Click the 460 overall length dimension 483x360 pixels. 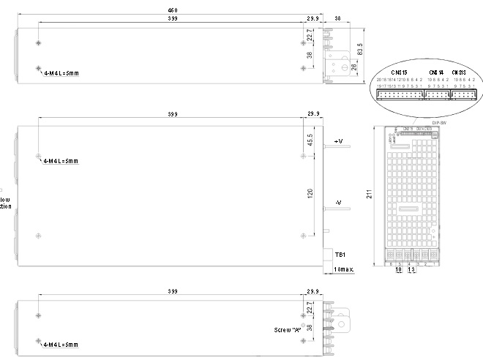click(173, 10)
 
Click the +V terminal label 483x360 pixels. click(339, 140)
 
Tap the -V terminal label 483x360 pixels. click(338, 202)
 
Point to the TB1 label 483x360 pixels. click(340, 255)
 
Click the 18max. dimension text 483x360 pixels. click(343, 270)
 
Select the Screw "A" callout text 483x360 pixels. click(288, 329)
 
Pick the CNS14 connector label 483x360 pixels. click(435, 72)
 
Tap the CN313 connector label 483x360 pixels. click(459, 72)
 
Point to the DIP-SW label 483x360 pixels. click(439, 123)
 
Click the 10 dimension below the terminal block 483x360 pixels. click(398, 270)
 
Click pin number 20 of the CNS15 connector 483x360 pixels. click(378, 79)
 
